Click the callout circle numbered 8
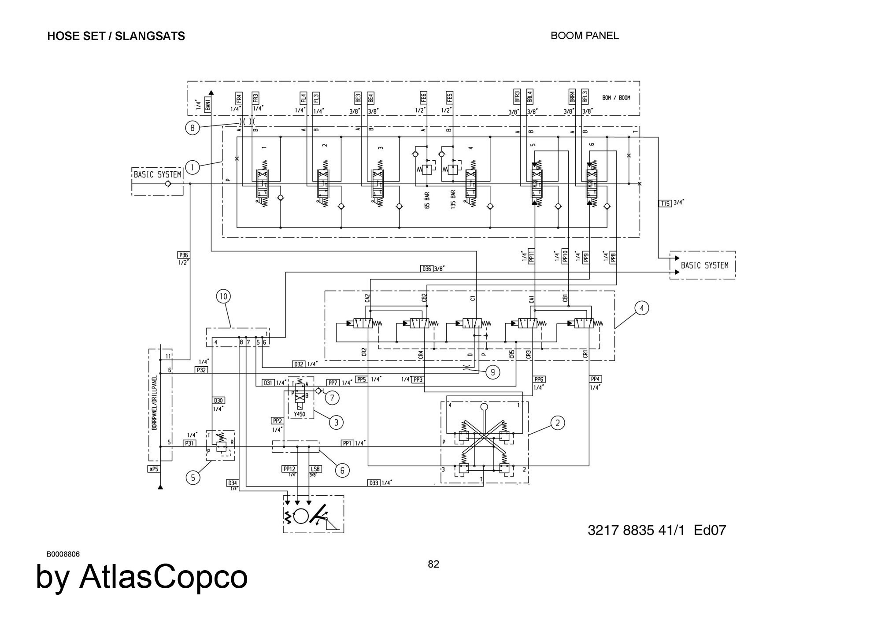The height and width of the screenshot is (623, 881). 192,128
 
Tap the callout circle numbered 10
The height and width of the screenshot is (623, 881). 223,296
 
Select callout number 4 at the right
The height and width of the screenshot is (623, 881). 641,308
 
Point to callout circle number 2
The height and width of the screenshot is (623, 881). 557,423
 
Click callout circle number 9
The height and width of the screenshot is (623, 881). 492,372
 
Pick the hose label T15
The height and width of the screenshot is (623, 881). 665,203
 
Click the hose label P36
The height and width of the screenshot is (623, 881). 183,255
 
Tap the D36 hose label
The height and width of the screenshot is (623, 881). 427,269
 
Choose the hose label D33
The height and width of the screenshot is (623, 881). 374,483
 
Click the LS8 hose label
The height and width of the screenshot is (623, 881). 315,469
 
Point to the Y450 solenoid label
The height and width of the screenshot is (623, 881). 300,414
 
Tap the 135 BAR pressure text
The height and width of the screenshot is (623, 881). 453,199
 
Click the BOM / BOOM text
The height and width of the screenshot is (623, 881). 616,98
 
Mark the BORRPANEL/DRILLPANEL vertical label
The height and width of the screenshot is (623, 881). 154,403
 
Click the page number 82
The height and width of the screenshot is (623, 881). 433,564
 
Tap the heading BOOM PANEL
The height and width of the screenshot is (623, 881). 585,36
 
